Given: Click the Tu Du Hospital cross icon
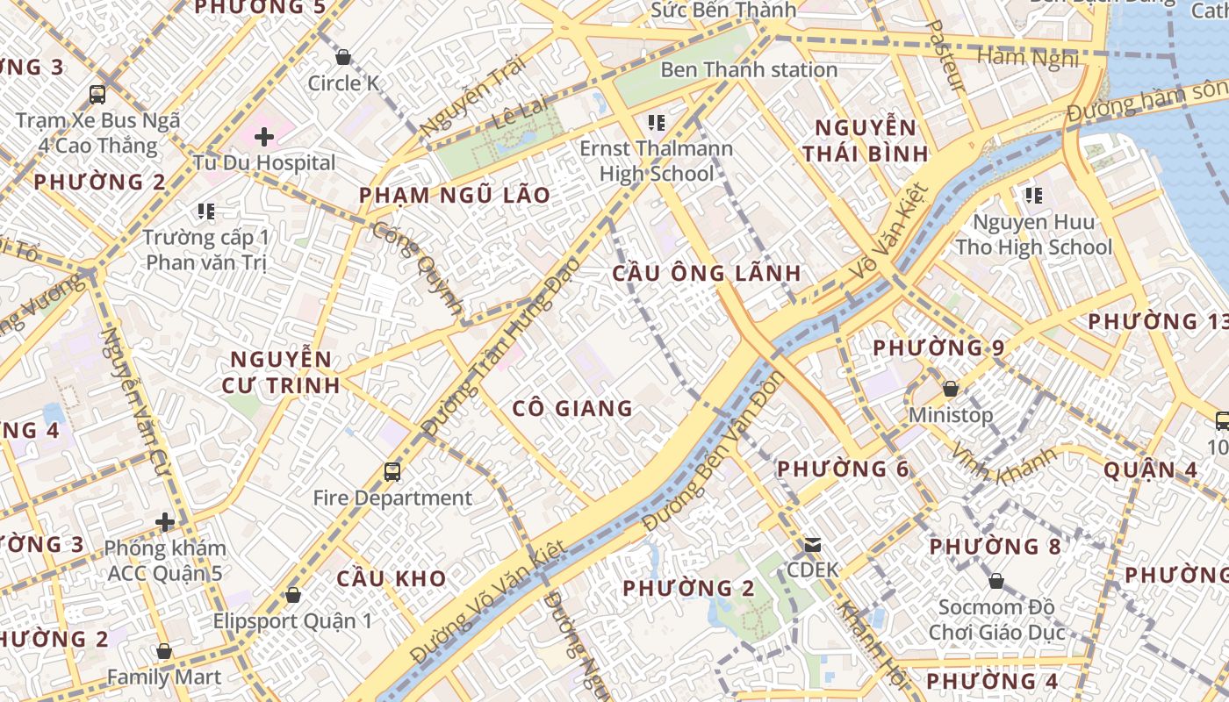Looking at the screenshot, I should [x=263, y=137].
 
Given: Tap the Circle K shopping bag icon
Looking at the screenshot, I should [x=343, y=57].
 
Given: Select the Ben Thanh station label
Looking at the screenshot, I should [x=749, y=69].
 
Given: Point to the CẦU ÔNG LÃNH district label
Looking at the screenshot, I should [x=707, y=273].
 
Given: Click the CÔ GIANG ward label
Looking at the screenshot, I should [x=572, y=408].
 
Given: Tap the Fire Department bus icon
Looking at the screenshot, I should [x=392, y=472].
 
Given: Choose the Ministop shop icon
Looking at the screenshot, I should [x=950, y=388].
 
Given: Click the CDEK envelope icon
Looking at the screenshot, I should [x=813, y=545].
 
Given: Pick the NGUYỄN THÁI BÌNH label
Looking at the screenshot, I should [x=865, y=140].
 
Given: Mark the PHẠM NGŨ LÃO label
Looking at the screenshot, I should [x=455, y=195].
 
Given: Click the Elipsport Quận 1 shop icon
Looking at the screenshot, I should [x=293, y=595].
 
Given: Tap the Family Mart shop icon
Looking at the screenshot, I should [x=163, y=651].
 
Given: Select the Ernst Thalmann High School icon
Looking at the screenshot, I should [x=657, y=122].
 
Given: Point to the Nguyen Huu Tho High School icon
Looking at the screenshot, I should [x=1033, y=195].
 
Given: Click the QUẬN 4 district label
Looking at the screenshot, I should [x=1150, y=469].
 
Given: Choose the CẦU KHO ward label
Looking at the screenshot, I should [x=392, y=579].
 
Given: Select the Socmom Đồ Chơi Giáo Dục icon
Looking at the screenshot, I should [x=996, y=580].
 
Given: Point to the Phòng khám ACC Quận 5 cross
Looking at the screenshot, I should [x=165, y=522].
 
